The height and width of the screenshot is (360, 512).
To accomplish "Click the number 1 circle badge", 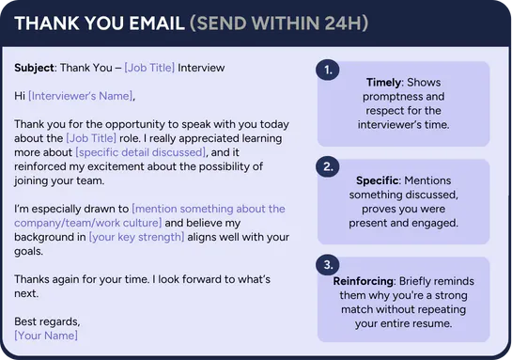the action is pos(328,70).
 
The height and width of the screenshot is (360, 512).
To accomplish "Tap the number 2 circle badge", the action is pos(328,167).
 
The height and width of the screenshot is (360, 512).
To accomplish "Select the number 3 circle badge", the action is pos(328,265).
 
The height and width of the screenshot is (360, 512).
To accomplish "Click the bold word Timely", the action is pos(383,83).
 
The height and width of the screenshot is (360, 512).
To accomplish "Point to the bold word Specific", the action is pos(377,180).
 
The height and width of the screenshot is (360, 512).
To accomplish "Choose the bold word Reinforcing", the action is pos(364,281).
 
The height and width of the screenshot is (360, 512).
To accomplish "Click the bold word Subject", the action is pos(34,68).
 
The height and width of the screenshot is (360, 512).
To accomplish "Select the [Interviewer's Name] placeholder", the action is pos(81,96).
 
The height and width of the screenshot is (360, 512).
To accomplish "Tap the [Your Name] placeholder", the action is pos(46,336).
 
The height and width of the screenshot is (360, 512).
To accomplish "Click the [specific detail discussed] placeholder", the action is pos(141,152).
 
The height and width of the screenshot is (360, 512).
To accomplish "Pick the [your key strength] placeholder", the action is pos(137,237).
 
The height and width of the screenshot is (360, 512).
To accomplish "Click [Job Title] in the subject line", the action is pos(149,68).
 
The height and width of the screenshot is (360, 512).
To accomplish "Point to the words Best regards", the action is pos(47,321).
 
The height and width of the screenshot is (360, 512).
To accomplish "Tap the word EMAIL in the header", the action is pos(157,23).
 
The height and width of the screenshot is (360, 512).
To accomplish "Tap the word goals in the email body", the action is pos(28,252).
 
